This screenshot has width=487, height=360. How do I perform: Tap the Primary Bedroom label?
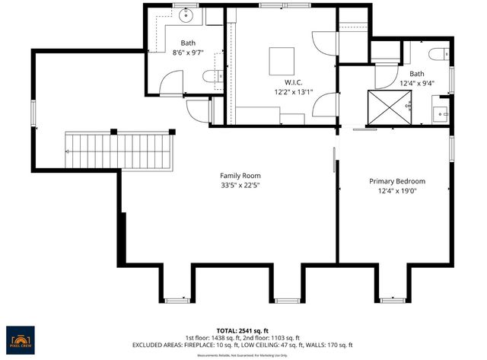point(396,181)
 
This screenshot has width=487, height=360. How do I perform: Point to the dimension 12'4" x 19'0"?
point(396,191)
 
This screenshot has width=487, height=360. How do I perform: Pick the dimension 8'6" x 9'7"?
point(187,53)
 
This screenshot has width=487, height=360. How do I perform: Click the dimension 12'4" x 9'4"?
point(415,84)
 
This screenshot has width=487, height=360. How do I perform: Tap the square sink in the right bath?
point(441,114)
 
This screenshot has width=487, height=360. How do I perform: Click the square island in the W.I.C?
point(282,59)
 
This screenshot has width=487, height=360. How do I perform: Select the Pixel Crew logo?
point(21,339)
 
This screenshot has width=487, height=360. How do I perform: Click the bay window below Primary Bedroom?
point(393,299)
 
